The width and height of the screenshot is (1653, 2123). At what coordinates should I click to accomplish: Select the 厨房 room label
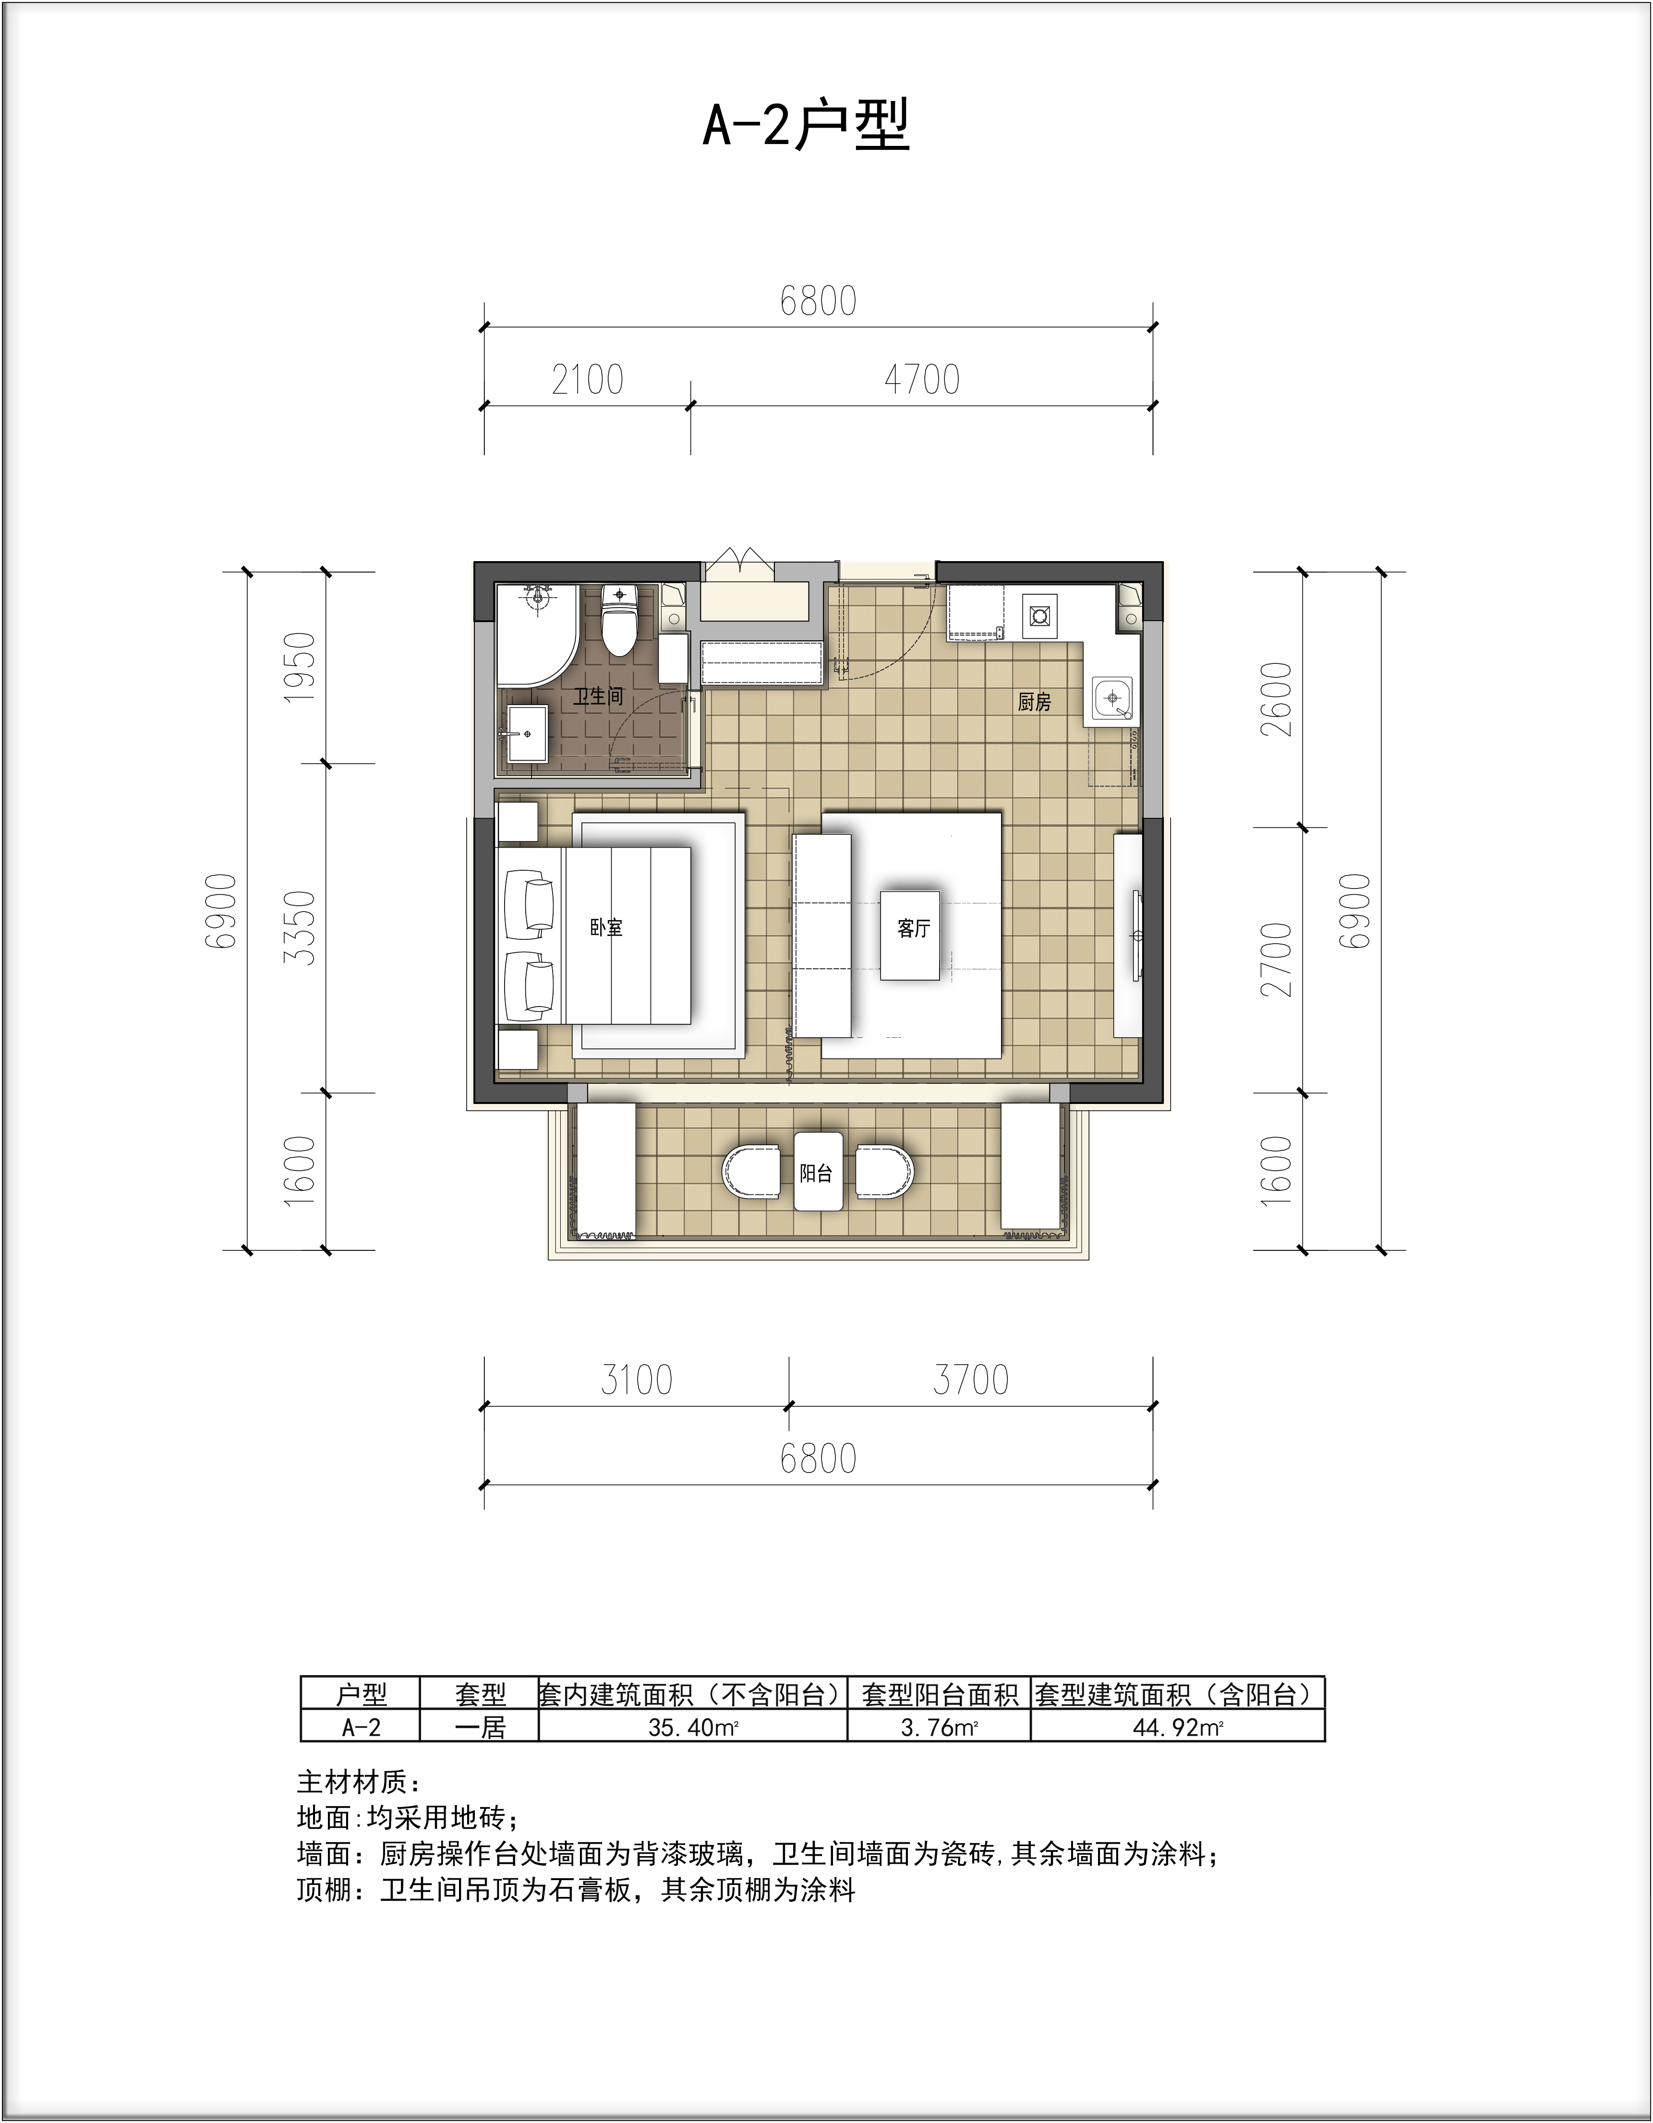pos(1035,701)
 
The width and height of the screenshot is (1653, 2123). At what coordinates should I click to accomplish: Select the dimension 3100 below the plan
pos(637,1380)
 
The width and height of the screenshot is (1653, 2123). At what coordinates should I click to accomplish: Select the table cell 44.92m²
pos(1177,1727)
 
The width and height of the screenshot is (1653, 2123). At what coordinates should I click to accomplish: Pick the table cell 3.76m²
pos(938,1727)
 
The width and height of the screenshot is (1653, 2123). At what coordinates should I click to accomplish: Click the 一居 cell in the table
pos(480,1727)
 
